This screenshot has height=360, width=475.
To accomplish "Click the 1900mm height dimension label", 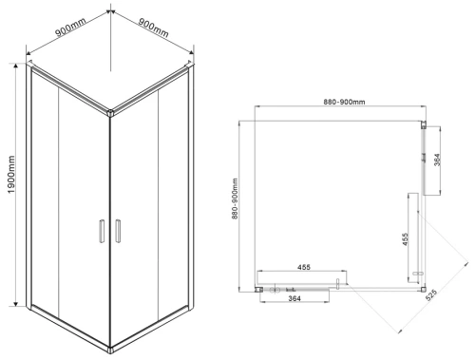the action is click(x=11, y=175).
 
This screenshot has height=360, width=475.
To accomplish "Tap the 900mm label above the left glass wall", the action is click(x=70, y=28).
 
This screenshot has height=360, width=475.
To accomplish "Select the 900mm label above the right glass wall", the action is click(x=153, y=27).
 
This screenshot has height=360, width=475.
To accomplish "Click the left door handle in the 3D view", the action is click(x=102, y=231).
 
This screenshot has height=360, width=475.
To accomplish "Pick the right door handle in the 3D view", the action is click(x=118, y=231).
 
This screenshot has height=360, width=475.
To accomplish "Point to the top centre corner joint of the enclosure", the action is click(x=110, y=113).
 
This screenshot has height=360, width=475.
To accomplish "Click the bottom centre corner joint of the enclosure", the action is click(x=110, y=350).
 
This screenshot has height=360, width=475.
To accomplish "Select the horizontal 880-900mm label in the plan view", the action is click(x=344, y=102).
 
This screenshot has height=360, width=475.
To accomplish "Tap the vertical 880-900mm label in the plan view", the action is click(x=235, y=199).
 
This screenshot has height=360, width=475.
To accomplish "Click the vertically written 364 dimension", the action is click(x=437, y=161).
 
